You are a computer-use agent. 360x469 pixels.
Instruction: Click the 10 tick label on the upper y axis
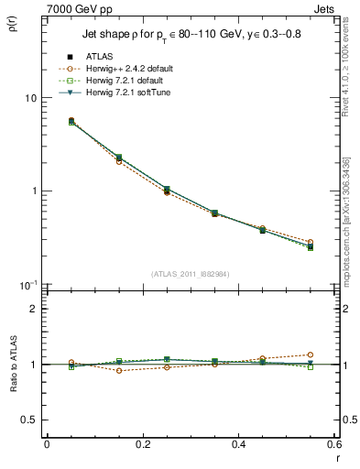point(29,98)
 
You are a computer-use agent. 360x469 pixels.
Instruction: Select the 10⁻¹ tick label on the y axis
point(27,284)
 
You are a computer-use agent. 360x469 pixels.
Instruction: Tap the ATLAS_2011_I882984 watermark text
point(190,275)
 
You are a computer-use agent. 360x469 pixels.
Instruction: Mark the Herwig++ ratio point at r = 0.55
point(311,354)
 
